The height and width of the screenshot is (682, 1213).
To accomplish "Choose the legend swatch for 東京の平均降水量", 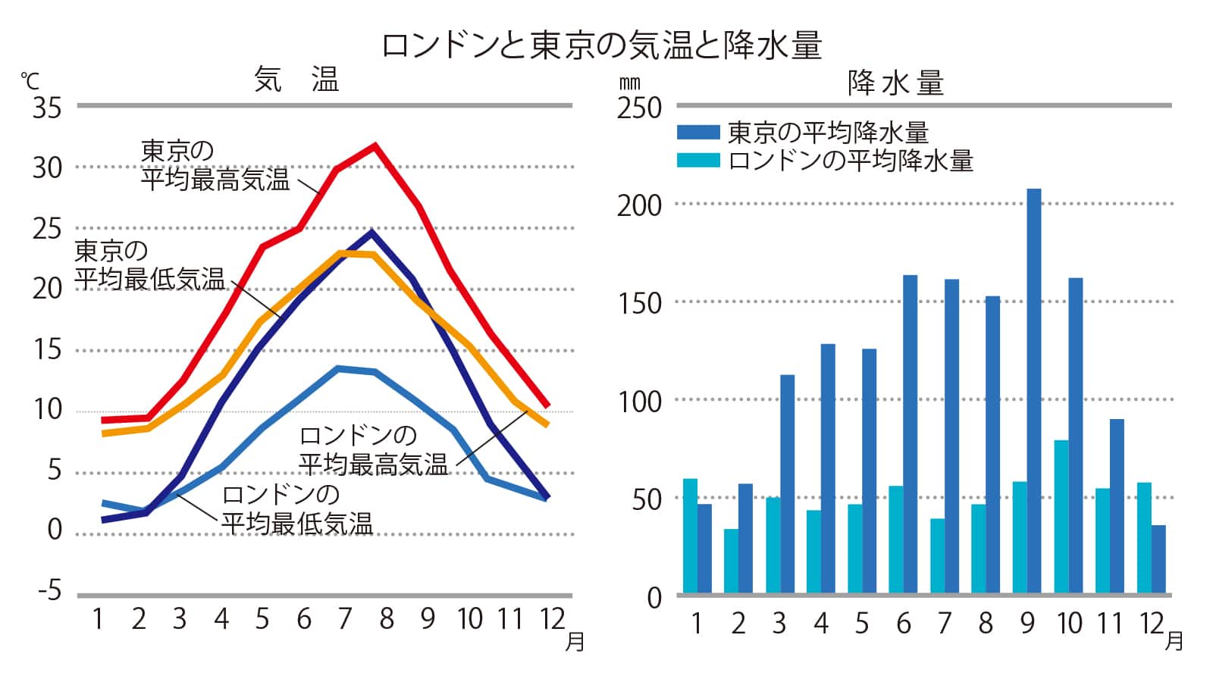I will [697, 133].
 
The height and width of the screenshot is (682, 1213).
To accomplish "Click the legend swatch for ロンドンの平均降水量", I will [697, 161].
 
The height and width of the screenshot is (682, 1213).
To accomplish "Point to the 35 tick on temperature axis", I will [47, 108].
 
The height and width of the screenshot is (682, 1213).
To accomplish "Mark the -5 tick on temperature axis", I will [50, 591].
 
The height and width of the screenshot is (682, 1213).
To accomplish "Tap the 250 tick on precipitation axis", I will [639, 108].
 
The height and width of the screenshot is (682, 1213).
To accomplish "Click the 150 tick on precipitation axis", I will [639, 303].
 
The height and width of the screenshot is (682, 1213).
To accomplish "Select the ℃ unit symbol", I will [29, 80].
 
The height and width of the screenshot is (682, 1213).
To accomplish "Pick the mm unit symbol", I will [629, 83].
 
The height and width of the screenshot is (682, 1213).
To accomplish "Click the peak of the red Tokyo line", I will [375, 145].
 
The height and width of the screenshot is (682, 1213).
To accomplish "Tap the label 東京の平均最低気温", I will [149, 265].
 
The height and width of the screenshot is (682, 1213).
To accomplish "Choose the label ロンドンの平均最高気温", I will [373, 450].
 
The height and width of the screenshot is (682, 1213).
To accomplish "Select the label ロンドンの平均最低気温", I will [296, 509].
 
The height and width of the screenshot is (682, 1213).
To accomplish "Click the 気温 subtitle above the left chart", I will [296, 80].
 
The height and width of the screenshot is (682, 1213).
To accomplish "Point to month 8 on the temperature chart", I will [387, 619].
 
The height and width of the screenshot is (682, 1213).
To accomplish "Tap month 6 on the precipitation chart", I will [903, 624].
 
